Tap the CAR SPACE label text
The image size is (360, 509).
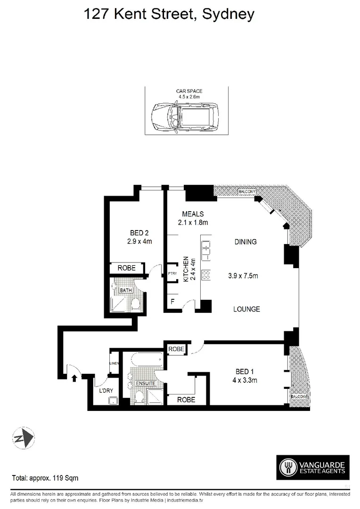pyautogui.click(x=186, y=93)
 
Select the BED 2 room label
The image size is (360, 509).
pyautogui.click(x=139, y=233)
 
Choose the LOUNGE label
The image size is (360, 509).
pyautogui.click(x=247, y=309)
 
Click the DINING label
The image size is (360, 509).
pyautogui.click(x=245, y=242)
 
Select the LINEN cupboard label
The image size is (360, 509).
pyautogui.click(x=114, y=363)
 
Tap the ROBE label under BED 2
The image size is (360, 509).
pyautogui.click(x=126, y=268)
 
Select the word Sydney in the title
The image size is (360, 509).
pyautogui.click(x=228, y=14)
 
